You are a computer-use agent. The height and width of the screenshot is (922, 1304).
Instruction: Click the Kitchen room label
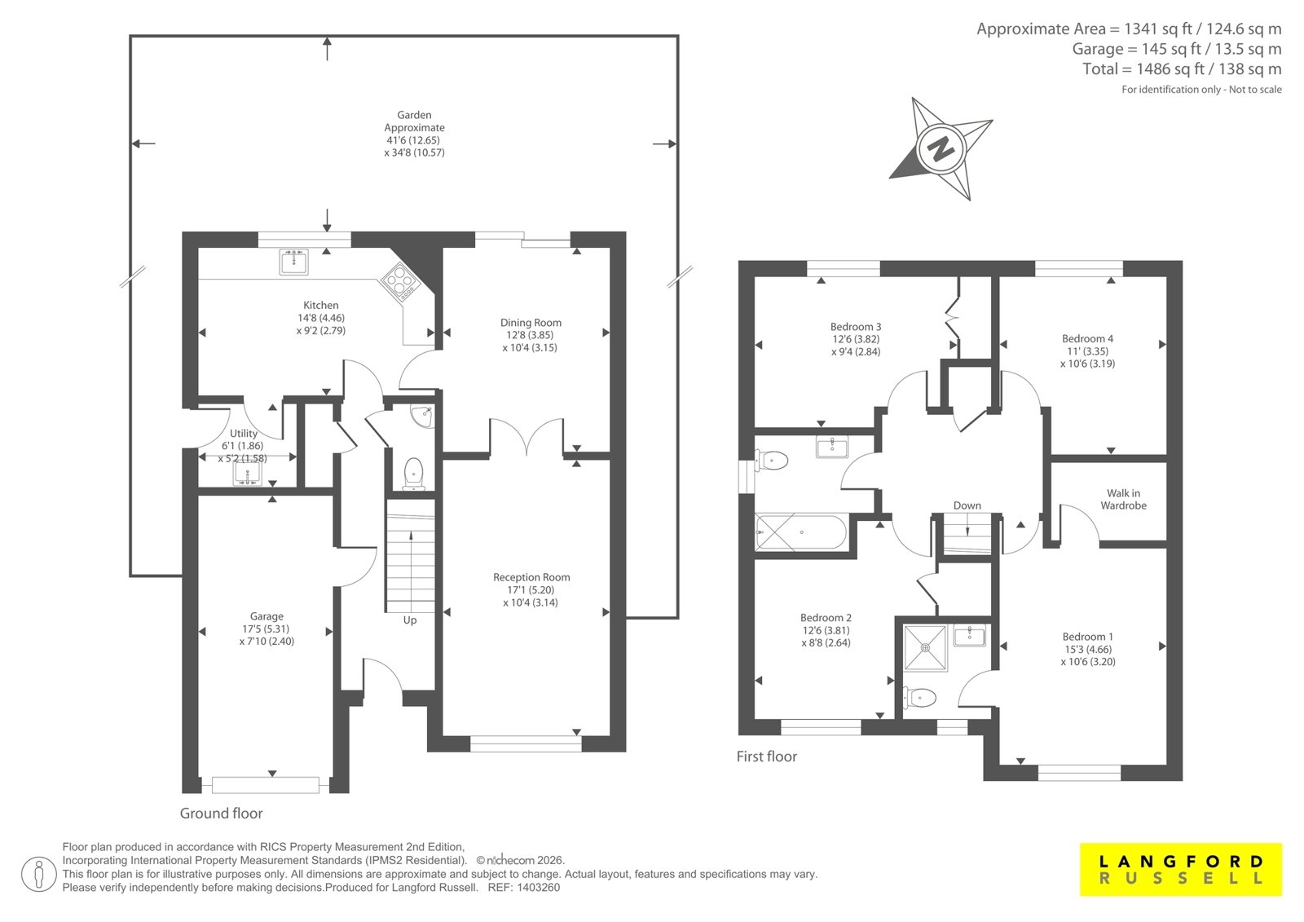click(x=321, y=305)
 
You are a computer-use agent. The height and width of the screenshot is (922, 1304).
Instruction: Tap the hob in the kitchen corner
click(x=400, y=282)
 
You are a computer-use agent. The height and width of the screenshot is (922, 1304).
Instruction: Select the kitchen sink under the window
click(x=294, y=262)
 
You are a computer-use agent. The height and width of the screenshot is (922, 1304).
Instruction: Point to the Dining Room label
click(x=531, y=323)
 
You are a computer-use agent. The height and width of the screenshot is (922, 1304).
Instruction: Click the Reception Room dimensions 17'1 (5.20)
click(x=531, y=590)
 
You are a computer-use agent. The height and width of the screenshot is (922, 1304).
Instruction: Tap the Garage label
click(x=267, y=616)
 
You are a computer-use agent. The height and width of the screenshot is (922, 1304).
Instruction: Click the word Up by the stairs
click(x=410, y=620)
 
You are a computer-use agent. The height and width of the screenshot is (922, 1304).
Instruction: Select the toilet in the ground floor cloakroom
click(x=413, y=474)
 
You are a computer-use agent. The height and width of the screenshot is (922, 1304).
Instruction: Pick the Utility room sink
click(x=248, y=473)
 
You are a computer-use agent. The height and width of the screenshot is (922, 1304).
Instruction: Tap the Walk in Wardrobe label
click(x=1123, y=499)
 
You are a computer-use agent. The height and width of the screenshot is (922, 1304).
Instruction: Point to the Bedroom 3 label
click(x=856, y=327)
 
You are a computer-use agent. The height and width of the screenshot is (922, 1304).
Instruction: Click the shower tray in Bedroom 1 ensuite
click(x=925, y=647)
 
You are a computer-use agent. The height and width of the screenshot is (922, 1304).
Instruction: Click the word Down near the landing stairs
click(x=967, y=505)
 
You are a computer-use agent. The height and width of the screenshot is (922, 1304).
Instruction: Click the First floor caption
click(x=767, y=756)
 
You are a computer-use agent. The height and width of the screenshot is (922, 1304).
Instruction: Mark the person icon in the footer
click(x=38, y=874)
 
